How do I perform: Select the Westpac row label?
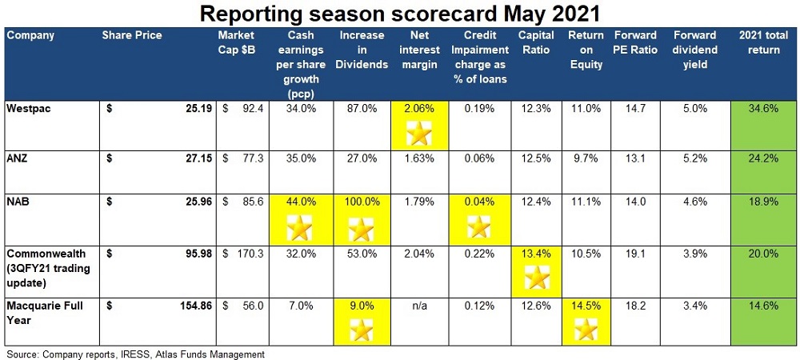29,107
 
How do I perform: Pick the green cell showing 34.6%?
764,107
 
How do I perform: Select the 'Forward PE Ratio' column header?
635,42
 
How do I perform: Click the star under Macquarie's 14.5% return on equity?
587,329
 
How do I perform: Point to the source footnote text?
135,353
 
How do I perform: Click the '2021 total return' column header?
764,42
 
